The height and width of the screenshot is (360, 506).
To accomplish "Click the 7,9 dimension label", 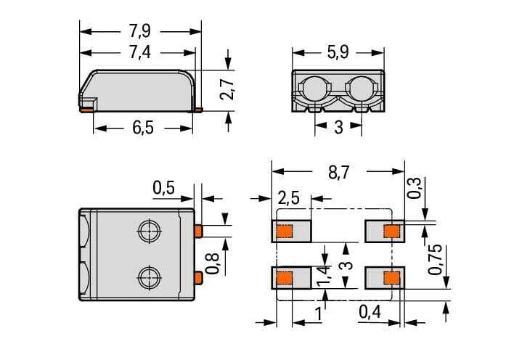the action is click(x=140, y=31).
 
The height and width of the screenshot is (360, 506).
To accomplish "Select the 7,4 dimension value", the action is click(x=140, y=52).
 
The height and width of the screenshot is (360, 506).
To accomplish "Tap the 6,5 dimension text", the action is click(x=143, y=128).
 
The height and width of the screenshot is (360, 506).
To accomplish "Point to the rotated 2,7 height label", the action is click(x=227, y=89).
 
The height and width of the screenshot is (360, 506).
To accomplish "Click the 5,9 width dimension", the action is click(x=338, y=52).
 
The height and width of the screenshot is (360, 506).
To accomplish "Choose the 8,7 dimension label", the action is click(x=339, y=173).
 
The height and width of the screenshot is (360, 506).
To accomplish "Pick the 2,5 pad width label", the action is click(x=288, y=198).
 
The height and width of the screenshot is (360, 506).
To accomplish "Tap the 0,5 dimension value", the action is click(x=163, y=188).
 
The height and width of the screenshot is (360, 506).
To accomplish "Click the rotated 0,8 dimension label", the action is click(x=212, y=263).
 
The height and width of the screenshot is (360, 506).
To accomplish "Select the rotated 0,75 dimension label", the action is click(x=435, y=259).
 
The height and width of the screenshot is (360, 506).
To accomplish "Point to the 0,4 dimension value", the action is click(x=370, y=312).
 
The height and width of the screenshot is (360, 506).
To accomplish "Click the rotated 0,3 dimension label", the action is click(x=414, y=187).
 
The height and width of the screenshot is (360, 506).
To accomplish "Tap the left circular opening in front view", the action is click(x=315, y=89).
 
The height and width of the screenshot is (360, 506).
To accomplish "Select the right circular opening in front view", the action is click(x=361, y=89).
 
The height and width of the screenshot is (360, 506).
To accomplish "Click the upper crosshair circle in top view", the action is click(x=150, y=232).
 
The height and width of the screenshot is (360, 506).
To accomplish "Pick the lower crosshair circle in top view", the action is click(x=150, y=277).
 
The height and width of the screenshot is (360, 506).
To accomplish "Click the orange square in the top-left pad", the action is click(x=285, y=232).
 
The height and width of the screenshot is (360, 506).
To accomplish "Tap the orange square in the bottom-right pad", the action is click(x=392, y=278).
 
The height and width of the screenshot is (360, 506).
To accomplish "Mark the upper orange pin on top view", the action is click(x=198, y=232).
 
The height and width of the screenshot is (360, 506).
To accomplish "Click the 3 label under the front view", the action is click(x=338, y=127).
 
